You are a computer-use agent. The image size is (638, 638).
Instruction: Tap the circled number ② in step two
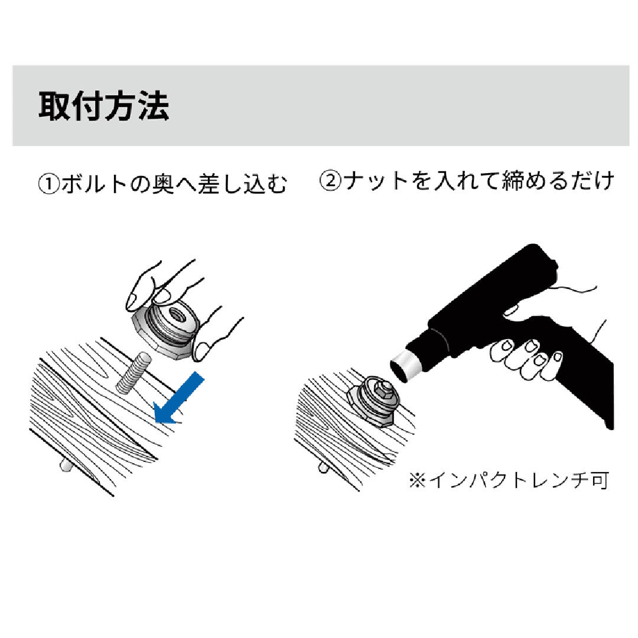coord(330,181)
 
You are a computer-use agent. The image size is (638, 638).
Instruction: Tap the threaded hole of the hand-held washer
coord(175,313)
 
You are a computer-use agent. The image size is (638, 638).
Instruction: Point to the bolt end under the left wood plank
coord(65,466)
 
